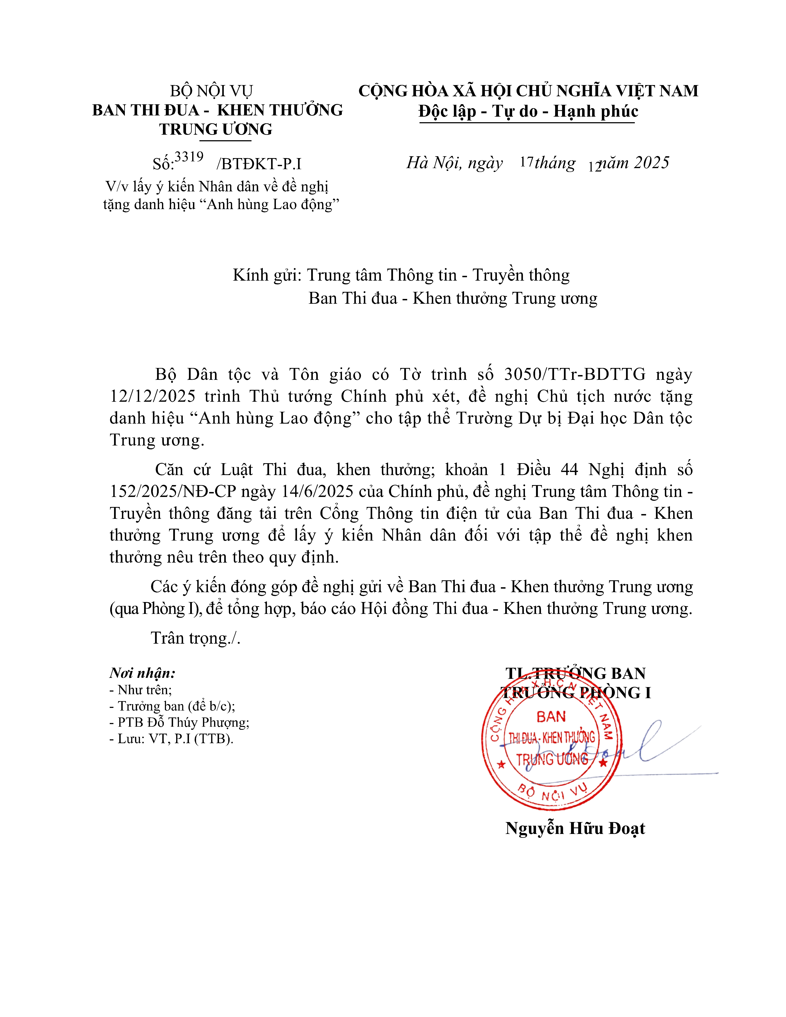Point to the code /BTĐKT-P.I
pyautogui.click(x=259, y=164)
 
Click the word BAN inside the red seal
pyautogui.click(x=551, y=717)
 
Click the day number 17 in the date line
pyautogui.click(x=526, y=162)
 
